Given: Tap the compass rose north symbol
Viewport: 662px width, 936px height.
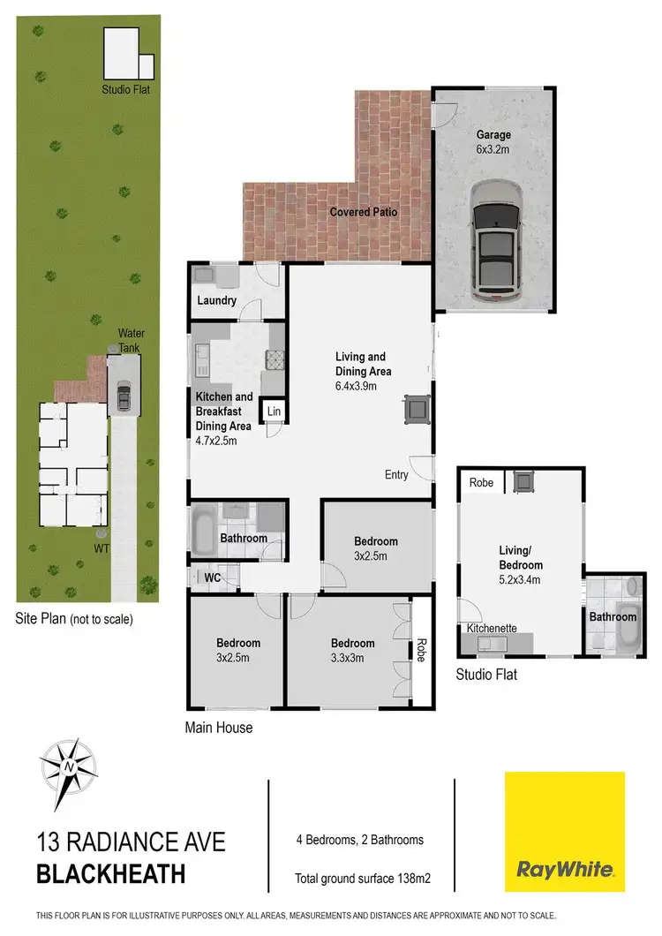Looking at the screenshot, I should (68, 766).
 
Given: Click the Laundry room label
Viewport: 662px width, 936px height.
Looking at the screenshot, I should (216, 301).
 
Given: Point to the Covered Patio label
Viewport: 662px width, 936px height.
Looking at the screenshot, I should (364, 213).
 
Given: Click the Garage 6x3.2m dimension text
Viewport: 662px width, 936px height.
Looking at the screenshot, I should (493, 149).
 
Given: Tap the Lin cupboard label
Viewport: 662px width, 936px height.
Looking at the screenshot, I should (274, 412).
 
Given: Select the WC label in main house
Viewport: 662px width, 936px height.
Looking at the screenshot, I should (212, 577).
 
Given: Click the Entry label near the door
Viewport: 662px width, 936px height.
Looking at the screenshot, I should (396, 475).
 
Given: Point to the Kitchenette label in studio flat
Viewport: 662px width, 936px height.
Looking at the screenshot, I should (492, 629).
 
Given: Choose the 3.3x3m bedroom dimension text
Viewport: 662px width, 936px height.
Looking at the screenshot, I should (352, 658).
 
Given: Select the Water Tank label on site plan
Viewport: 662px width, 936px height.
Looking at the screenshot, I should (132, 339).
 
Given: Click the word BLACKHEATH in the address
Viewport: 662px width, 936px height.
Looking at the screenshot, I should (111, 875).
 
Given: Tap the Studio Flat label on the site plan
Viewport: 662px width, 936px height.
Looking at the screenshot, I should (126, 89).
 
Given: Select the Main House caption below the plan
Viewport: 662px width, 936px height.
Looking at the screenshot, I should (218, 728).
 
